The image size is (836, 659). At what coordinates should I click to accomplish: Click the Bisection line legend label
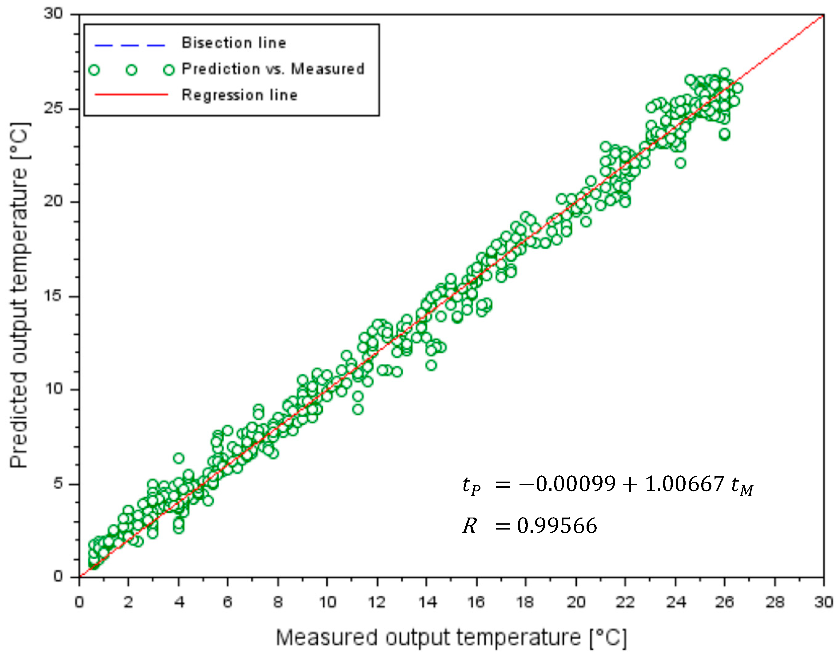pos(234,43)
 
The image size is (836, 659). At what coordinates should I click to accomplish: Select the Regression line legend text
pos(239,95)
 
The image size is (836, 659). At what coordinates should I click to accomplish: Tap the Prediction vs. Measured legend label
pos(273,69)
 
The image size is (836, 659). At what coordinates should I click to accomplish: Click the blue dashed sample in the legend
pos(130,46)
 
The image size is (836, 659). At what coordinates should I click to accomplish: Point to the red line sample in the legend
pos(131,94)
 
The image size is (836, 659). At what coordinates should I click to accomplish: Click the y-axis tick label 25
pos(53,109)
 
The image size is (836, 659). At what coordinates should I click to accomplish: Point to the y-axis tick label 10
pos(53,389)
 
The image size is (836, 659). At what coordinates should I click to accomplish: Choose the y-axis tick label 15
pos(53,296)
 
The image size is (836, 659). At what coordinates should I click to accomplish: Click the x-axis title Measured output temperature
pos(451,638)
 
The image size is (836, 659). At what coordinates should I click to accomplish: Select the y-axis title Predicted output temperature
pos(19,296)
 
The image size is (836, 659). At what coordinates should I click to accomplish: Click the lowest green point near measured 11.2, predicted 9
pos(358,409)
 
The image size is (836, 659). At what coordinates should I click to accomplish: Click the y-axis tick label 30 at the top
pos(53,14)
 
